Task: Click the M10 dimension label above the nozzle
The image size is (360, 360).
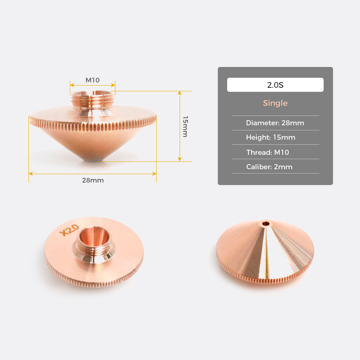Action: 93,80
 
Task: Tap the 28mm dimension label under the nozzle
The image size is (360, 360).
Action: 93,180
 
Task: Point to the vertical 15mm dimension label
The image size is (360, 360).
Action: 185,126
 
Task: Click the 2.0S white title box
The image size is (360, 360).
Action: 275,85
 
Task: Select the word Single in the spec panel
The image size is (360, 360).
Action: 275,103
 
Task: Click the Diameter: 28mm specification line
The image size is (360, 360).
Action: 275,123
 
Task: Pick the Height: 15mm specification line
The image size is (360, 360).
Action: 270,137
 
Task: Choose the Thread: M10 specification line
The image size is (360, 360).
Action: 267,152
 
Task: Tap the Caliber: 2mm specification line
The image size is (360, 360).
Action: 269,167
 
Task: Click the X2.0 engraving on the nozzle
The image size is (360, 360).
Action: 69,230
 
